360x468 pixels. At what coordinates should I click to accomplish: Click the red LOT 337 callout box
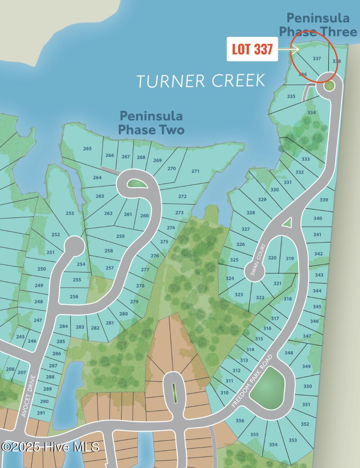(252, 49)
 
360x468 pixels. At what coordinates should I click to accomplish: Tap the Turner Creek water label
(201, 81)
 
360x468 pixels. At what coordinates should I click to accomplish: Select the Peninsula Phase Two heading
(151, 122)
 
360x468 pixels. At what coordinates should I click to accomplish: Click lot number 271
(195, 171)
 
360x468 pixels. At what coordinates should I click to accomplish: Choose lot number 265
(87, 148)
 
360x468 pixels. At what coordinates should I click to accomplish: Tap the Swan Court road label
(258, 260)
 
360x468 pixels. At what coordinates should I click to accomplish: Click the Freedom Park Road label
(252, 381)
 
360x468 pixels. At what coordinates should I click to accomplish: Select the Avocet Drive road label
(28, 396)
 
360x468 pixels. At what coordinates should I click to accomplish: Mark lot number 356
(240, 420)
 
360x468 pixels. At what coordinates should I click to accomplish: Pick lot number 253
(70, 213)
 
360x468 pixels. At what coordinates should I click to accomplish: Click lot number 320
(273, 258)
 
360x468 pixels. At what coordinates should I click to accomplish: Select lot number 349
(306, 366)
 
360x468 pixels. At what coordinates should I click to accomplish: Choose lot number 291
(41, 413)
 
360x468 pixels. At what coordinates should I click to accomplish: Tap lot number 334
(311, 113)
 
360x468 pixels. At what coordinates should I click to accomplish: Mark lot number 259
(121, 236)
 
